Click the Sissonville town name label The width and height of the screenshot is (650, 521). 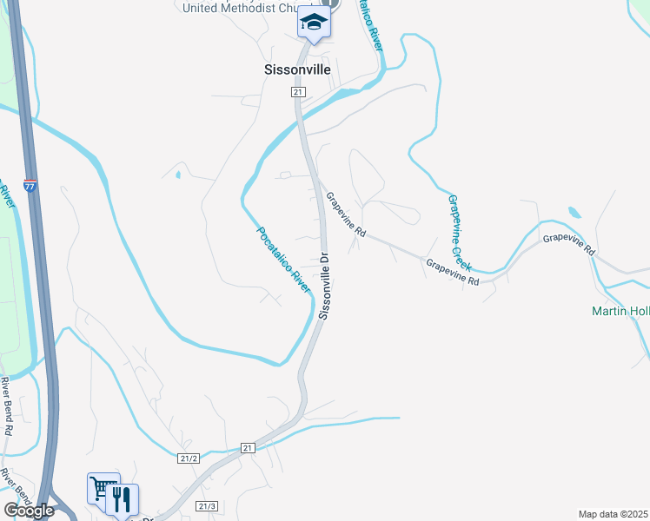[297, 69]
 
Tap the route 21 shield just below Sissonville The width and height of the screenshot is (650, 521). [297, 91]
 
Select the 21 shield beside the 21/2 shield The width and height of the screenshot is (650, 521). [248, 447]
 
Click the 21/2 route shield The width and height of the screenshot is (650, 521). [189, 458]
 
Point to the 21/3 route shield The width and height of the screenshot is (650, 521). [207, 506]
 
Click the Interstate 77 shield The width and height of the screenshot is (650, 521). [30, 186]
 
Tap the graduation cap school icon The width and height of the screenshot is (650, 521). [313, 23]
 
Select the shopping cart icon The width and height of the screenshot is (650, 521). [102, 489]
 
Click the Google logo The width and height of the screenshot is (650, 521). [30, 510]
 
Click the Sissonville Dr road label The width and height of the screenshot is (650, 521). [325, 287]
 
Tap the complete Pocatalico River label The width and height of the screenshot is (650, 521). [283, 259]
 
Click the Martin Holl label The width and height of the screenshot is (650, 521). [620, 311]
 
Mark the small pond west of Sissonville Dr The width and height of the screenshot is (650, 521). [178, 175]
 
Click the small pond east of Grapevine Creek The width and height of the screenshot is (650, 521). [574, 212]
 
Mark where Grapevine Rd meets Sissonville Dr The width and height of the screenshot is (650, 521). [318, 181]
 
